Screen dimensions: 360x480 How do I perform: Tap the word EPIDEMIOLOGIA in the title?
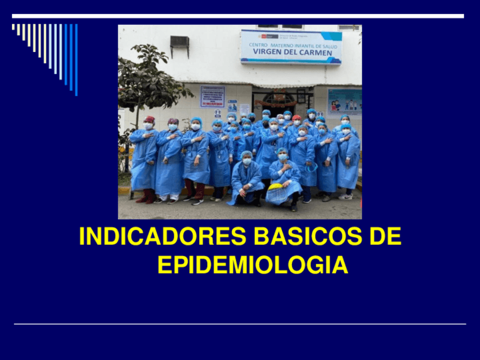click(x=252, y=265)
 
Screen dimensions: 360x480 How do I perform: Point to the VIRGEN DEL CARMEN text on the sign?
click(x=291, y=53)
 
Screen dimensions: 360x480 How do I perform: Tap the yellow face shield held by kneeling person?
click(x=276, y=187)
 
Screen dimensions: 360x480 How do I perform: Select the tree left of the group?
click(x=148, y=85)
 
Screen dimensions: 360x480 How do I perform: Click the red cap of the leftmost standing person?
click(x=149, y=119)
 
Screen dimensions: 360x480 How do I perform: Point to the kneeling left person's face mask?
click(x=247, y=161)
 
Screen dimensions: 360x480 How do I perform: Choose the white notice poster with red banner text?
click(x=212, y=96)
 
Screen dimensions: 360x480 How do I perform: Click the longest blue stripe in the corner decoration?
click(x=76, y=59)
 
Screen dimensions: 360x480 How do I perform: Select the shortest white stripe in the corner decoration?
click(x=13, y=27)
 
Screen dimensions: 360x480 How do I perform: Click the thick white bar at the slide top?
click(x=238, y=16)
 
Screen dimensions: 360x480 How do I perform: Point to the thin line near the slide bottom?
click(x=240, y=324)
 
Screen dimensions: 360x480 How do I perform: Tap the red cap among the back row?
click(x=297, y=118)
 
